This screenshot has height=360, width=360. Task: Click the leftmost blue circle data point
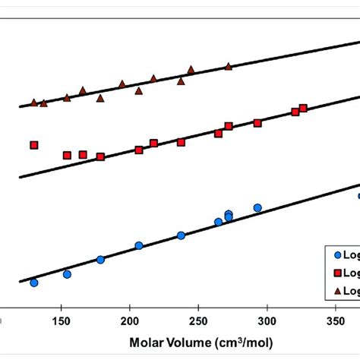(x=33, y=283)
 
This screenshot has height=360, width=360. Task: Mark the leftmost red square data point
(x=33, y=145)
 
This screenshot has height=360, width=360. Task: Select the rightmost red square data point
(x=303, y=108)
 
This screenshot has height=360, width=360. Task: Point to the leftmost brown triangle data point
(x=33, y=102)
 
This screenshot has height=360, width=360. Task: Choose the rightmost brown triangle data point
(x=228, y=66)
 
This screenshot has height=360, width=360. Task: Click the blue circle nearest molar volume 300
(x=257, y=208)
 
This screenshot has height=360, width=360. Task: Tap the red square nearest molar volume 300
(x=257, y=123)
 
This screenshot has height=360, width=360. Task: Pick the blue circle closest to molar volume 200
(x=139, y=245)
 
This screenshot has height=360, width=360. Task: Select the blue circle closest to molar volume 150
(x=67, y=274)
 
